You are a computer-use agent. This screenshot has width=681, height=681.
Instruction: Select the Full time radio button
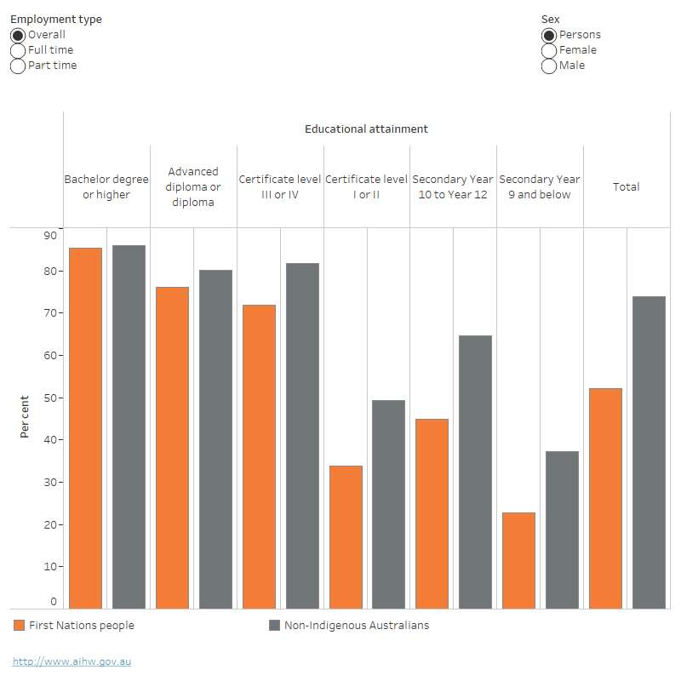tap(17, 50)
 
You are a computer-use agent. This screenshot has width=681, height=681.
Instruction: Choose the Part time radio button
tap(17, 66)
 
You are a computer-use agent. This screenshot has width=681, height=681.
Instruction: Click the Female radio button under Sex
tap(549, 50)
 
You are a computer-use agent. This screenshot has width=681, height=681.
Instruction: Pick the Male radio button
tap(549, 66)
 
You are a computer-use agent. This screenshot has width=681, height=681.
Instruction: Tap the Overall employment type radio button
tap(17, 35)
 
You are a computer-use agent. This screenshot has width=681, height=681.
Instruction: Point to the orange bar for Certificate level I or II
tap(346, 537)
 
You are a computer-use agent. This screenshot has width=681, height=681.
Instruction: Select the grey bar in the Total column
tap(649, 452)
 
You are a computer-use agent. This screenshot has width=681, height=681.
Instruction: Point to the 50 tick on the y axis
tap(50, 398)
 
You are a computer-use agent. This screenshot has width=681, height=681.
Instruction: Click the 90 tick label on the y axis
tap(50, 235)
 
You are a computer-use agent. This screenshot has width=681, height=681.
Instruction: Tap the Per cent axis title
tap(25, 417)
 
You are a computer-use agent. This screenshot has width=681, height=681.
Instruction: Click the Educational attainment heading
tap(366, 129)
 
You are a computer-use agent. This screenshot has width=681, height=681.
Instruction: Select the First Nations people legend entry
tap(74, 626)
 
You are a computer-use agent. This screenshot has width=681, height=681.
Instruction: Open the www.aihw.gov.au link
tap(72, 661)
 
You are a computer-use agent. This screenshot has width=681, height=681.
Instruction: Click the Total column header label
tap(627, 187)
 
